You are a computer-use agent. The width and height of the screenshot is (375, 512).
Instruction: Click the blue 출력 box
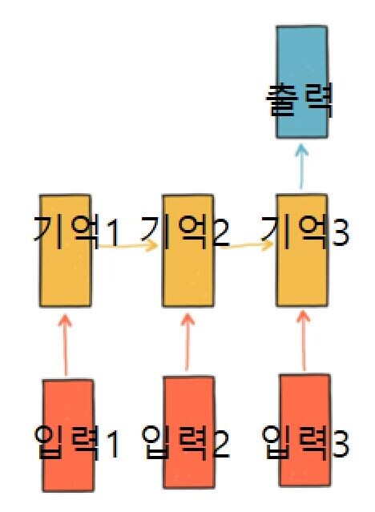(x=302, y=82)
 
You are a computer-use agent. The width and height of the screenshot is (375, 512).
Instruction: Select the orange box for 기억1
(x=66, y=251)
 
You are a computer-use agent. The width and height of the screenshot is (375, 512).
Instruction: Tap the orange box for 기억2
(x=188, y=251)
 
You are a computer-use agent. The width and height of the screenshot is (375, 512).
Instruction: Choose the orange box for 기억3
(x=302, y=251)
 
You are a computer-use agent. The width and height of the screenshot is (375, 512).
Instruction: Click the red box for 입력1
(x=68, y=435)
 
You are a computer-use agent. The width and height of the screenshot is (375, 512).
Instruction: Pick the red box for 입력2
(x=189, y=433)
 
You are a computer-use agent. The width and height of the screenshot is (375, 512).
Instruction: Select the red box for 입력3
(x=304, y=431)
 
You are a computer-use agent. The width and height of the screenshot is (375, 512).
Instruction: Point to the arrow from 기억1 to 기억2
(x=128, y=245)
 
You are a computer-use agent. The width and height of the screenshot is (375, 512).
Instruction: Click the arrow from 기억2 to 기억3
(x=247, y=245)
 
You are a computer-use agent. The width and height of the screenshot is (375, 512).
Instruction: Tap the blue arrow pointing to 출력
(x=301, y=167)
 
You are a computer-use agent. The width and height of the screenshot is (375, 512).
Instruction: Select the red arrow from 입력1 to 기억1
(x=66, y=345)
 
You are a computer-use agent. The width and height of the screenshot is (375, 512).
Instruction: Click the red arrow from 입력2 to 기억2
(x=187, y=342)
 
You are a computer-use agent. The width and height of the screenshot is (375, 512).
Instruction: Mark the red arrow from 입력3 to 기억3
(x=304, y=341)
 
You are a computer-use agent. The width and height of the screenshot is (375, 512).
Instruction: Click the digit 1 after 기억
(x=113, y=233)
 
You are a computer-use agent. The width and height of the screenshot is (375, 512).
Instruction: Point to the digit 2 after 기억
(x=221, y=233)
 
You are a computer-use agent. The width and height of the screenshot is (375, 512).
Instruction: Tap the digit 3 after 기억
(x=341, y=233)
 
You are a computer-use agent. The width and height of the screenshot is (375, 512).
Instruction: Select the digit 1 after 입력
(x=113, y=444)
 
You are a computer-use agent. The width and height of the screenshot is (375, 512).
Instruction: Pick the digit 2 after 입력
(x=221, y=444)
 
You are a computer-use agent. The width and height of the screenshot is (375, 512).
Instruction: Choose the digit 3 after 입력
(x=341, y=444)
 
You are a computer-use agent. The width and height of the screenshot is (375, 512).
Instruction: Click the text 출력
(x=300, y=100)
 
